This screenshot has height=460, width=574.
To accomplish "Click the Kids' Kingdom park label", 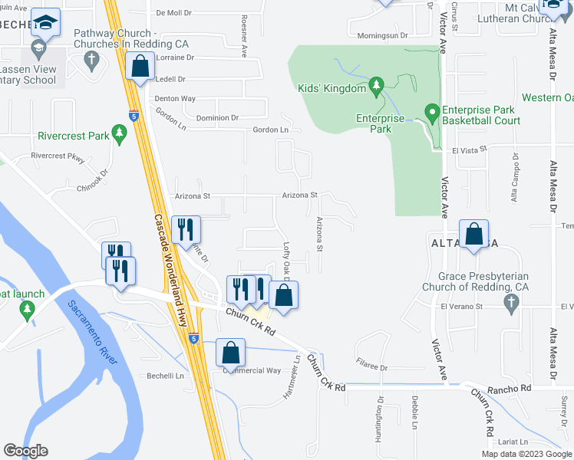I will (332, 88).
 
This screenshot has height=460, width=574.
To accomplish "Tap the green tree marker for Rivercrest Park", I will (119, 135).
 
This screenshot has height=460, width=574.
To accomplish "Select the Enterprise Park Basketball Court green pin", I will (432, 113).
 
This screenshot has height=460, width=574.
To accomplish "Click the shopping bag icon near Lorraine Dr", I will (140, 67).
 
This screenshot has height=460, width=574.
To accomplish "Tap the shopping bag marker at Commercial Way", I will (229, 353).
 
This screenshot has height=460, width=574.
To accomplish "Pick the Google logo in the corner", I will (25, 451).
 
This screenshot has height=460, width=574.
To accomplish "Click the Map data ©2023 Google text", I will (525, 454).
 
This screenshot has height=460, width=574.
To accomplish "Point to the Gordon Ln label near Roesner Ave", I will (272, 130).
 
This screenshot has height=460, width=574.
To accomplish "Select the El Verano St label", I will (460, 306).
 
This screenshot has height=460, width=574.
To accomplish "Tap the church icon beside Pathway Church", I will (91, 59).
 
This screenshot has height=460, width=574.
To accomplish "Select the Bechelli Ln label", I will (167, 376).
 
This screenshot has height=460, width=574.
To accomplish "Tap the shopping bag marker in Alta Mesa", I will (474, 235).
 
